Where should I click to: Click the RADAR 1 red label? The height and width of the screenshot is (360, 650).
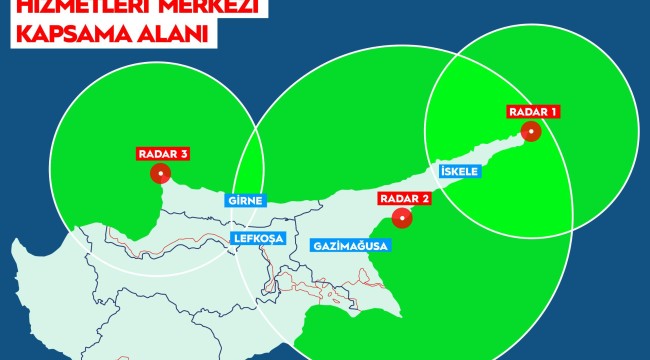click(x=532, y=111)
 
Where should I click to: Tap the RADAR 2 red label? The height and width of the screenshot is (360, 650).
click(x=405, y=197)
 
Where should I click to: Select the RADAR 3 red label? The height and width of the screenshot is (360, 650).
click(x=163, y=154)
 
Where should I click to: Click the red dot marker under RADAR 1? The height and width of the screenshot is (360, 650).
click(x=533, y=130)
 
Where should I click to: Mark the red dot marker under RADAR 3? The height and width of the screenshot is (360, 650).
click(x=160, y=173)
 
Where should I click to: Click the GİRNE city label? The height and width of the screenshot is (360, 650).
click(x=245, y=199)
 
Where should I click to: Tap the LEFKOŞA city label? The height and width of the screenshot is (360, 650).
click(x=257, y=239)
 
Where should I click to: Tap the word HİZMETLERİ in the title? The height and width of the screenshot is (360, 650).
click(x=67, y=7)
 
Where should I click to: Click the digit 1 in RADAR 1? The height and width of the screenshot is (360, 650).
click(x=555, y=111)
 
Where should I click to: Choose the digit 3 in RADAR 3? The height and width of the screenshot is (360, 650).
click(x=186, y=154)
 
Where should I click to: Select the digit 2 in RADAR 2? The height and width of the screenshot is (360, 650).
click(x=427, y=197)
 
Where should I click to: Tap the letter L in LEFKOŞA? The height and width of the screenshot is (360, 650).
click(x=235, y=239)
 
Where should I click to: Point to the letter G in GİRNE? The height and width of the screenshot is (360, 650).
click(x=231, y=199)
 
